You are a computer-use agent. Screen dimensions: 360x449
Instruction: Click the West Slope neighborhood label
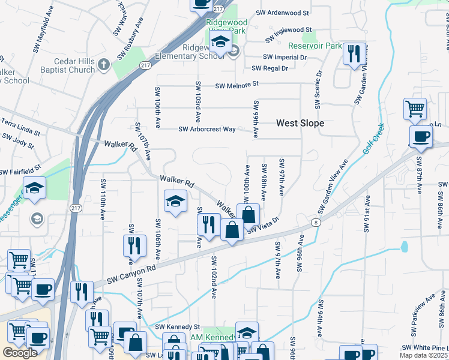[x=300, y=123]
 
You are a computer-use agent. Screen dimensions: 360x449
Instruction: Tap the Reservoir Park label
[x=315, y=46]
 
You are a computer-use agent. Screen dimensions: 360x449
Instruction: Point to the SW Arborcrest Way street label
[x=207, y=129]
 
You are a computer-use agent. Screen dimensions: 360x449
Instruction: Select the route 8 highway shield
[x=315, y=223]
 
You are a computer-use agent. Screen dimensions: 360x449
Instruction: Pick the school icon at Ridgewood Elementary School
[x=220, y=42]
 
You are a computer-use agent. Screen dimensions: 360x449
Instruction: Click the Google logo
[x=20, y=353]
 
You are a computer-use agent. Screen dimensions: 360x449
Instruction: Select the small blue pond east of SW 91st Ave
[x=403, y=246]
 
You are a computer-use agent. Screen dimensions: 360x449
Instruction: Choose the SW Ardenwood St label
[x=282, y=13]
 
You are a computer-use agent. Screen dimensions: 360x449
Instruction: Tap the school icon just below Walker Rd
[x=175, y=201]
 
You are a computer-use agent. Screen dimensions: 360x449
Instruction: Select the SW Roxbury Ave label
[x=130, y=38]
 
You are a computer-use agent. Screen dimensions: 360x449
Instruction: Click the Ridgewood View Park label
[x=226, y=26]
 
